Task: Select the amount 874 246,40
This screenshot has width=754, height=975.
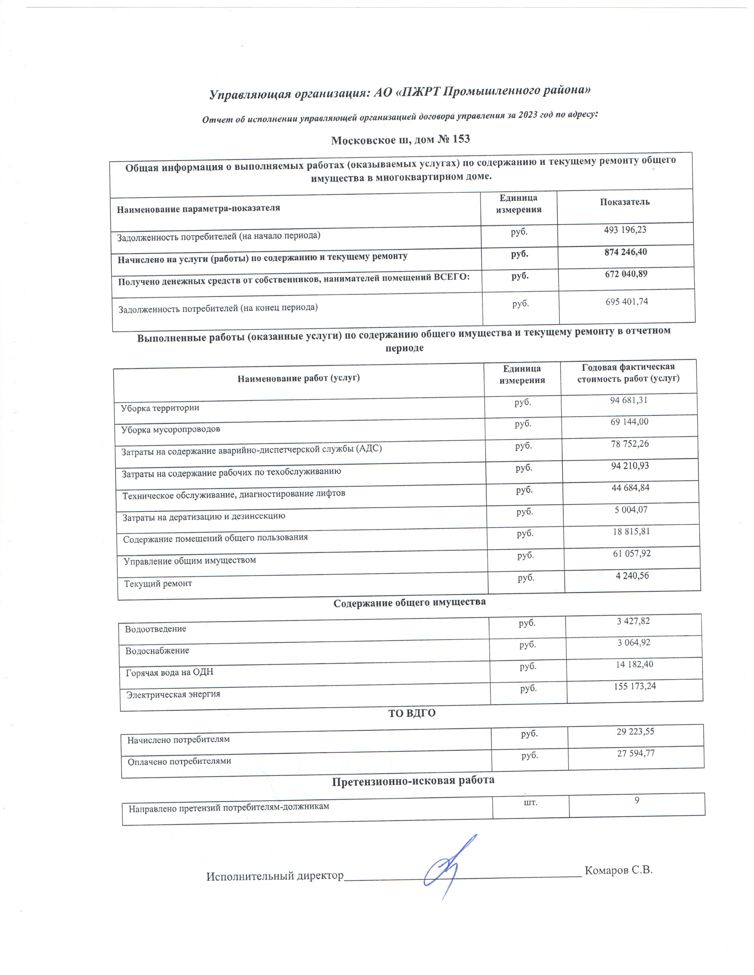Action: pyautogui.click(x=625, y=252)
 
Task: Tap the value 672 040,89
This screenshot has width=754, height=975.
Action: pyautogui.click(x=626, y=274)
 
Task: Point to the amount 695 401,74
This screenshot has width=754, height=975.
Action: pyautogui.click(x=627, y=302)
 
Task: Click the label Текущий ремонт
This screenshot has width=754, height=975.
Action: pyautogui.click(x=158, y=584)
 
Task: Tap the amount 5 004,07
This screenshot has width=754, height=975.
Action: pyautogui.click(x=631, y=510)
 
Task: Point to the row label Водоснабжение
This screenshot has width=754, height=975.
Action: pyautogui.click(x=157, y=651)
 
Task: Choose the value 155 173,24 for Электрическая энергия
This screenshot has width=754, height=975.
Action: pyautogui.click(x=635, y=686)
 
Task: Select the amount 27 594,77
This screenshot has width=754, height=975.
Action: pyautogui.click(x=636, y=754)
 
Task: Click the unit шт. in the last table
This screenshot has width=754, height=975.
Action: pyautogui.click(x=530, y=802)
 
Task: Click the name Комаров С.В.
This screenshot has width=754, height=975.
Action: pyautogui.click(x=619, y=870)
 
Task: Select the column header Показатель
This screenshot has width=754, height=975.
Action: pyautogui.click(x=624, y=202)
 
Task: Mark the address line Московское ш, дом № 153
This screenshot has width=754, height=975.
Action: pyautogui.click(x=400, y=140)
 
